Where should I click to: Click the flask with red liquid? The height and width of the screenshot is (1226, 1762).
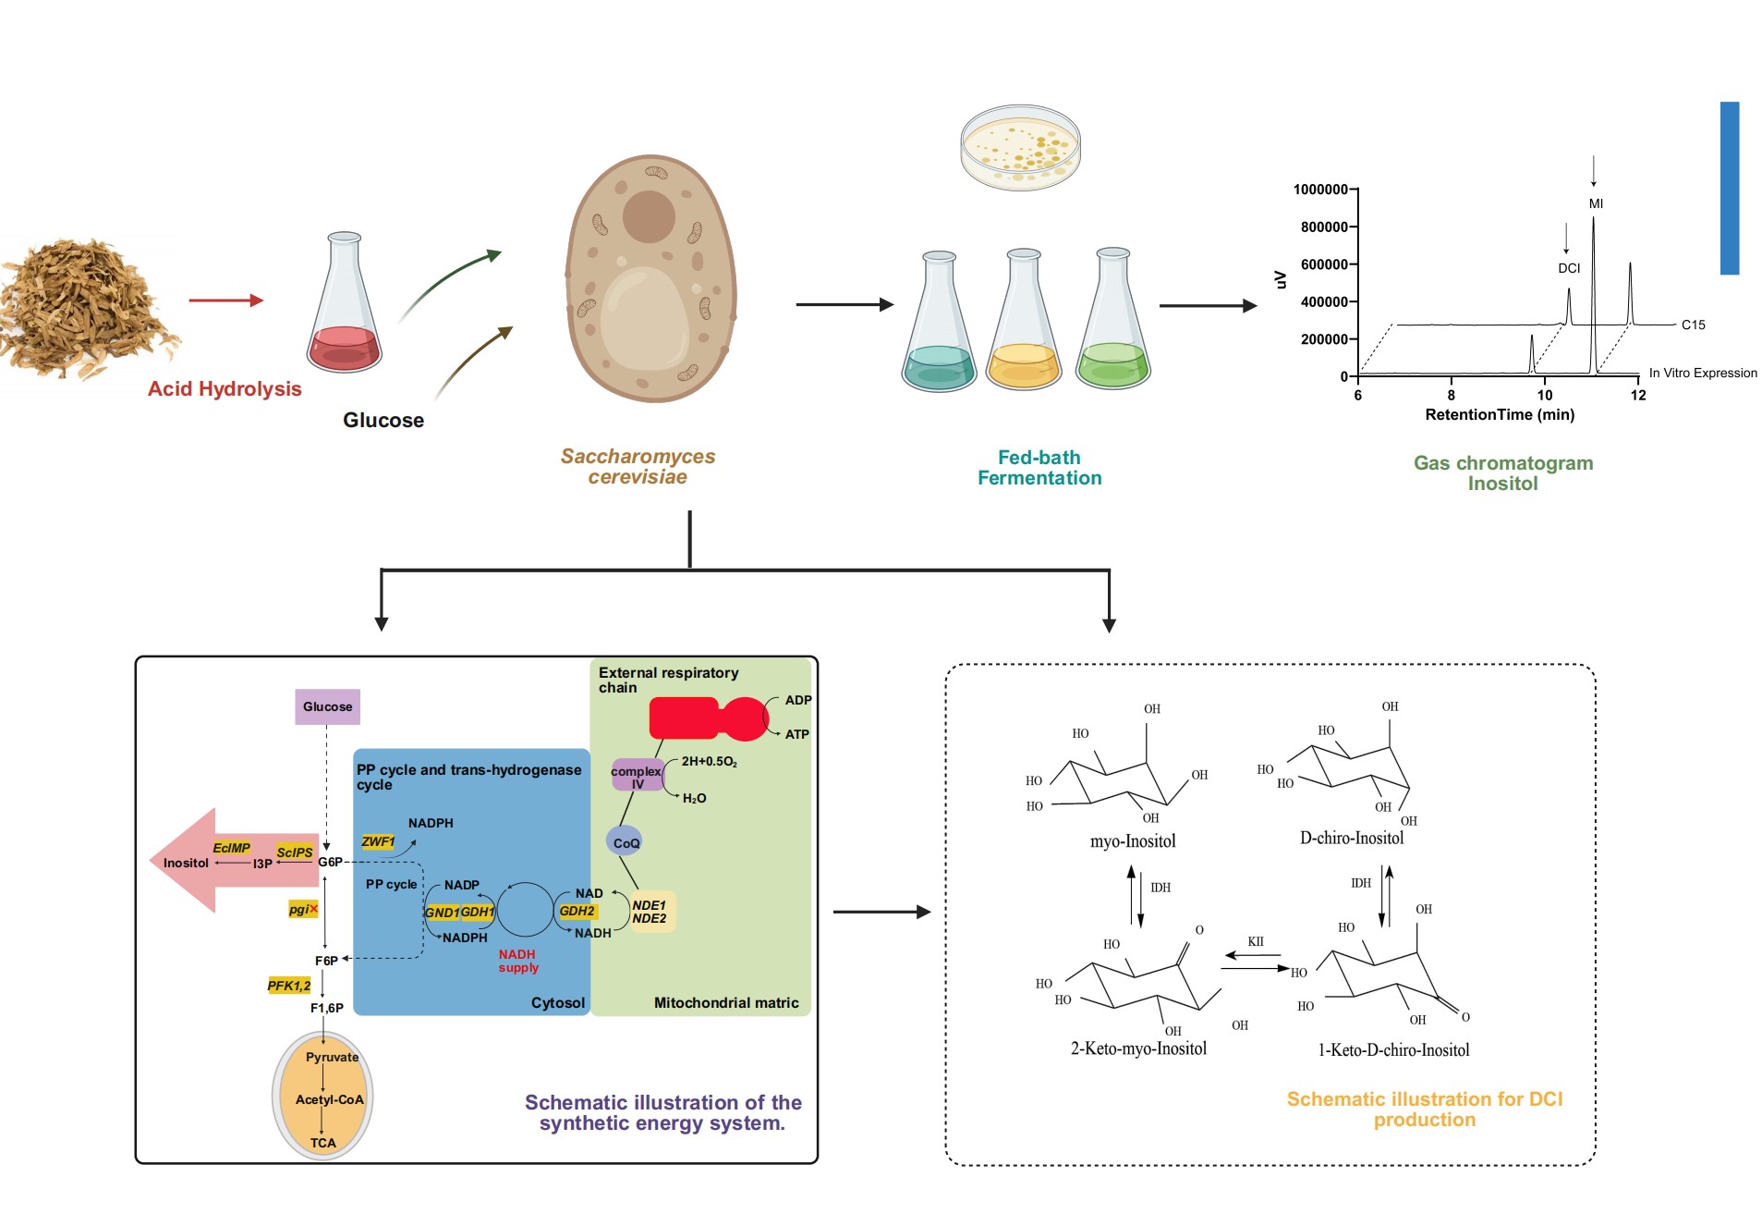[345, 305]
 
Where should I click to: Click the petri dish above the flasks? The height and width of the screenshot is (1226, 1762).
[1020, 147]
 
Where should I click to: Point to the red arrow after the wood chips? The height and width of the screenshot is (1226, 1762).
[226, 300]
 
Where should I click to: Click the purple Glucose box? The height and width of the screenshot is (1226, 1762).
[327, 706]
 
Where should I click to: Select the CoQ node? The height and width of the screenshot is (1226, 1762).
[626, 842]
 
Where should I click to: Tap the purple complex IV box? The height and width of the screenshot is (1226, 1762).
[637, 777]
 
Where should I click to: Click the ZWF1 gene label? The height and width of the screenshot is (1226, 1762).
[377, 841]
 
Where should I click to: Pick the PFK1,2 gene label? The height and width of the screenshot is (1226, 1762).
[289, 986]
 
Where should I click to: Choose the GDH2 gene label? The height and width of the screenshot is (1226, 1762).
[577, 911]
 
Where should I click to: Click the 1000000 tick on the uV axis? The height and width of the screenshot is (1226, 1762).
[1319, 190]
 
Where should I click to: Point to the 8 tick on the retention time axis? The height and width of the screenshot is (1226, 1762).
[1451, 395]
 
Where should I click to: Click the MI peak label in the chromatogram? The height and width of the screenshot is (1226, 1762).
[1596, 203]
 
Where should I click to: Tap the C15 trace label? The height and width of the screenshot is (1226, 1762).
[1693, 325]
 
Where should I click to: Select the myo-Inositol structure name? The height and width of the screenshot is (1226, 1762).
[1133, 841]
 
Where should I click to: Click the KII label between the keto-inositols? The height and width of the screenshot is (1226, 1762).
[1255, 941]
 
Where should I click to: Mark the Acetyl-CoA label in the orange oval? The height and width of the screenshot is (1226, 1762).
[329, 1099]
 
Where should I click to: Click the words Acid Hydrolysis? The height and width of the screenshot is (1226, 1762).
[225, 388]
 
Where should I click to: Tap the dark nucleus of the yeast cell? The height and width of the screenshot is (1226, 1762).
[649, 216]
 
